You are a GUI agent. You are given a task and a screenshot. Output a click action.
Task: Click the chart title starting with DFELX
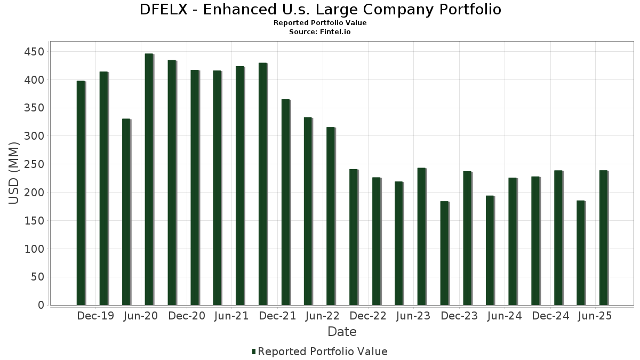[x=320, y=10]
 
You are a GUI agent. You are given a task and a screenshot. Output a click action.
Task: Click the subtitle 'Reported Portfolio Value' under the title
[x=320, y=23]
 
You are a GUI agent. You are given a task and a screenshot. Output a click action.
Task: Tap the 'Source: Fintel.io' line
[x=320, y=32]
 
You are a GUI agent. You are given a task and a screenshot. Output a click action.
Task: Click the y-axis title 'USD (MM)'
[x=14, y=173]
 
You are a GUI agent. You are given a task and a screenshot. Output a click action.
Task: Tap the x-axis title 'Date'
[x=342, y=332]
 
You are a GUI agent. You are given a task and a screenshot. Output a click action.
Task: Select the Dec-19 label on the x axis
[x=95, y=316]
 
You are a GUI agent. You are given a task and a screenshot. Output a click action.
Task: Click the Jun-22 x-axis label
[x=322, y=316]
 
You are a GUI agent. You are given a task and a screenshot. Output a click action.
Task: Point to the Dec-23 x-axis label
[x=459, y=316]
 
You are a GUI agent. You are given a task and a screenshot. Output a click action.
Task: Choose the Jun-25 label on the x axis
[x=595, y=316]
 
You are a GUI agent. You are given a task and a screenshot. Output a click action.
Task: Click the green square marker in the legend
[x=254, y=351]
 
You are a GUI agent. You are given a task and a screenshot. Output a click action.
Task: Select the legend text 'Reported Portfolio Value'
[x=323, y=351]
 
